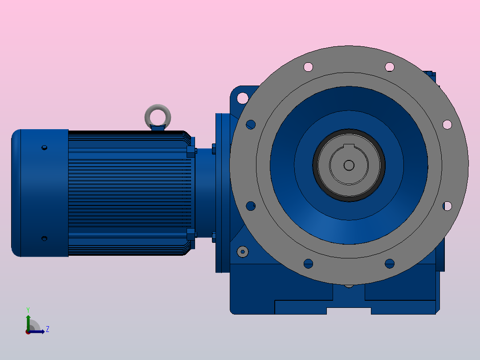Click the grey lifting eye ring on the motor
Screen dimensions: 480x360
[x=158, y=107]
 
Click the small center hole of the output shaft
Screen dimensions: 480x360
[x=349, y=165]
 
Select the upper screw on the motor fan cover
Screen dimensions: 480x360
[x=45, y=147]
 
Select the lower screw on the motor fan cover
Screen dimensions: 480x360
[x=45, y=238]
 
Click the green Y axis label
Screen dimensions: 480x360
[x=28, y=310]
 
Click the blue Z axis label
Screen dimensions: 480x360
[x=48, y=329]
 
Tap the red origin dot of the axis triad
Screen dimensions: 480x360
[x=28, y=332]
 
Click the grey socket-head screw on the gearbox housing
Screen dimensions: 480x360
[x=243, y=252]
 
